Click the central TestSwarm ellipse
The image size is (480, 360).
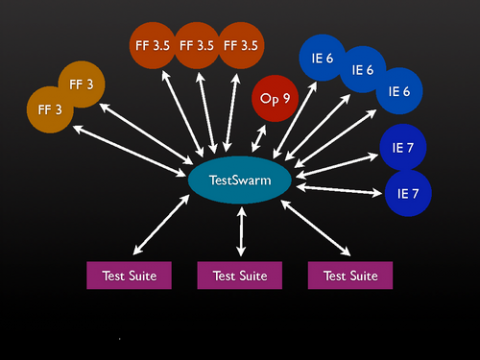pos(240,180)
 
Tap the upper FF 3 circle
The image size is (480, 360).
pos(81,85)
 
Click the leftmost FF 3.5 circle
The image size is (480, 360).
pos(153,45)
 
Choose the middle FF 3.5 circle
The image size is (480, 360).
pos(197,45)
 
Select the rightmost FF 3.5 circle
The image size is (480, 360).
pos(241,45)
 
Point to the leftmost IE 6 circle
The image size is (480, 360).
pos(322,59)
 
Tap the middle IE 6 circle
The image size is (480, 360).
pos(361,70)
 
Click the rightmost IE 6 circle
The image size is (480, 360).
pos(400,91)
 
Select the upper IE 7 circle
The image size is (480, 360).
pos(403,148)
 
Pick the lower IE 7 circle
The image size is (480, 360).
pos(408,192)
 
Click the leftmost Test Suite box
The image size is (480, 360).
pos(129,275)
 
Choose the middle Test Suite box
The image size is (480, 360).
pos(240,275)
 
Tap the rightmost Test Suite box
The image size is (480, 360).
pos(350,275)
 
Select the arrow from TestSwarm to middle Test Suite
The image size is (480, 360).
pos(240,231)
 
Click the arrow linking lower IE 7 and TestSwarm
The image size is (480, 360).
pos(340,188)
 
